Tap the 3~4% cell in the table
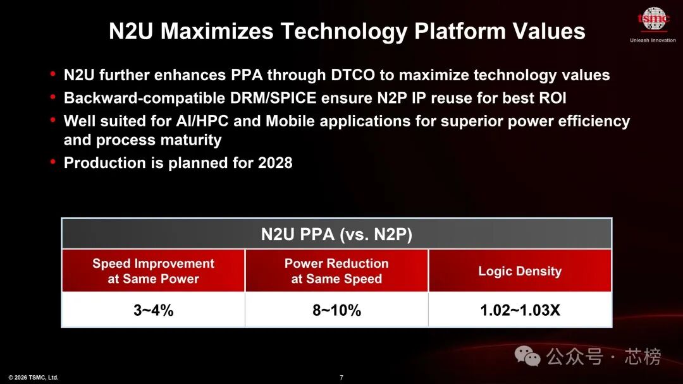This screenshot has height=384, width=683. pyautogui.click(x=153, y=310)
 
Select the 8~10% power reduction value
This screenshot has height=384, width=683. pyautogui.click(x=336, y=310)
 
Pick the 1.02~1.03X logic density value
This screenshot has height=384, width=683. pyautogui.click(x=520, y=310)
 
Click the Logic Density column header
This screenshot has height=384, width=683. pyautogui.click(x=520, y=271)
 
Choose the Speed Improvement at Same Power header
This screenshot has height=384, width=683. pyautogui.click(x=153, y=271)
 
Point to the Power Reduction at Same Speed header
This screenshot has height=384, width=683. pyautogui.click(x=336, y=271)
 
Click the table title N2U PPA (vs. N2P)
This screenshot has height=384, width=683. pyautogui.click(x=336, y=234)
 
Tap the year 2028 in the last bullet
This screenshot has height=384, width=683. pyautogui.click(x=275, y=163)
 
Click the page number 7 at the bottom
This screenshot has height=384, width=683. pyautogui.click(x=341, y=378)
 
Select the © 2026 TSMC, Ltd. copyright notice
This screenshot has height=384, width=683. pyautogui.click(x=34, y=378)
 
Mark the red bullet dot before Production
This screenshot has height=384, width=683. pyautogui.click(x=53, y=162)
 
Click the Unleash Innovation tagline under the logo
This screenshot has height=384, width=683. pyautogui.click(x=653, y=40)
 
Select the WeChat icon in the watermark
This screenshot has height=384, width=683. pyautogui.click(x=528, y=357)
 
